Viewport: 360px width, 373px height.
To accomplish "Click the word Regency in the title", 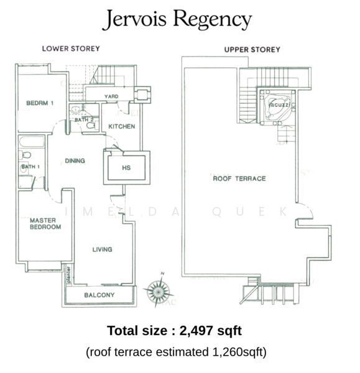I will coord(212,21).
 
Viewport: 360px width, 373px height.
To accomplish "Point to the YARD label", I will coord(111,96).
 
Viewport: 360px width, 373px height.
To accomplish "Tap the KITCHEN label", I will coord(122,126).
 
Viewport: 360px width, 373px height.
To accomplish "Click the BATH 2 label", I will coord(84,120).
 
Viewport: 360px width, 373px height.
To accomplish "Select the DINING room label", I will coord(75,161).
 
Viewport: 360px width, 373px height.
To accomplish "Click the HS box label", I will coord(126,168).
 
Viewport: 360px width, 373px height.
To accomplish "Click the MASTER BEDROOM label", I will coord(45,224).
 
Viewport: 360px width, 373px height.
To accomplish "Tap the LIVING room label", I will coord(102,249).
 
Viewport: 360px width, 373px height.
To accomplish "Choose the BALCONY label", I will coord(99,295).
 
